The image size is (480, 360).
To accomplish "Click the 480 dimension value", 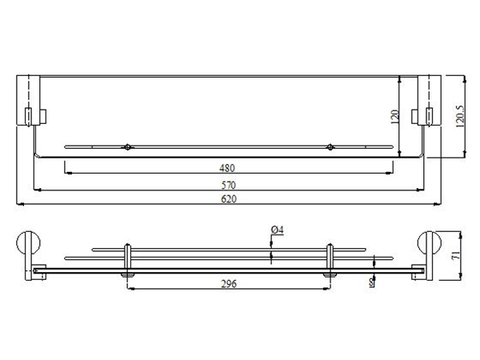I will tap(228, 166).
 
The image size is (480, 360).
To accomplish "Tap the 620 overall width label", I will tap(228, 201).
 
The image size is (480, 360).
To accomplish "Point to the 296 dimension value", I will tap(228, 283).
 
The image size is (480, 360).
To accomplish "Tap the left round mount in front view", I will tap(31, 246).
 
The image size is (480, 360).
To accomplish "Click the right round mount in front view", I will tap(426, 246).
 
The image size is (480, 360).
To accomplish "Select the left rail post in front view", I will tap(126, 256).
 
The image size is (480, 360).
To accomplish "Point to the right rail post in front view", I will tap(330, 256).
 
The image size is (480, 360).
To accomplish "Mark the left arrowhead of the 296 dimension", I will tap(130, 289).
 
